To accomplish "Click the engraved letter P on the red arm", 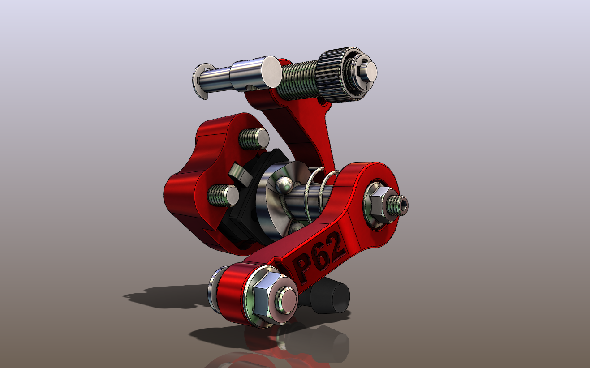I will (302, 269).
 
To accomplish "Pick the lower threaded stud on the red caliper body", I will (223, 196).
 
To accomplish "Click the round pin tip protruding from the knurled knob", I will (370, 71).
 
